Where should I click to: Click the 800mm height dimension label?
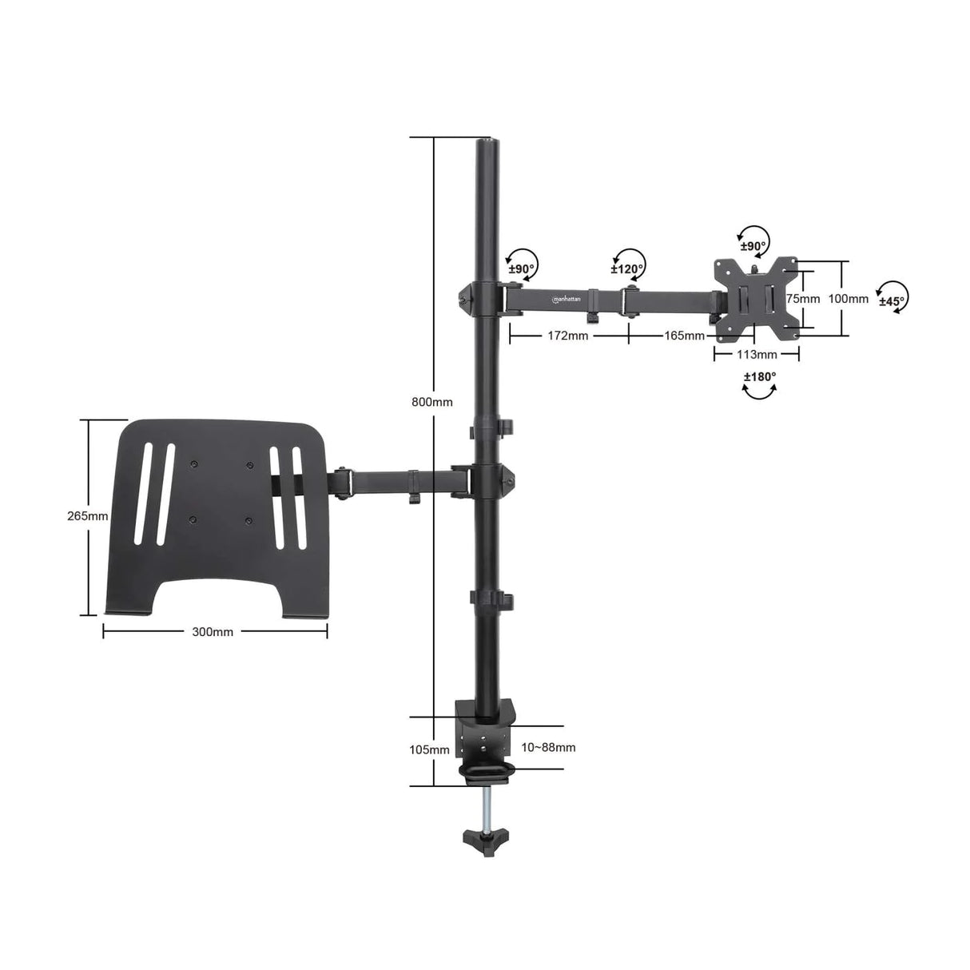click(432, 402)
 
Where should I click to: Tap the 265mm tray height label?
click(87, 516)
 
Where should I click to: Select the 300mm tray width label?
click(213, 632)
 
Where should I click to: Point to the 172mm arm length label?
click(567, 336)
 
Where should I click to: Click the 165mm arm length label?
click(684, 336)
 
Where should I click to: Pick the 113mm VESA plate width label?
click(757, 355)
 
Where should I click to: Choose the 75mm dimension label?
click(803, 299)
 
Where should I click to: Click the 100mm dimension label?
click(848, 299)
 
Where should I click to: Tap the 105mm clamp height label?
click(429, 749)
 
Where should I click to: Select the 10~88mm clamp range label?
click(548, 748)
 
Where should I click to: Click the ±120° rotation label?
click(628, 269)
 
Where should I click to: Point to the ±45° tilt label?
click(892, 301)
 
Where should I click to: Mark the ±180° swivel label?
click(760, 377)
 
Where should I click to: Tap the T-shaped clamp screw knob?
click(485, 838)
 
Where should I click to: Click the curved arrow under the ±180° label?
click(760, 392)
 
